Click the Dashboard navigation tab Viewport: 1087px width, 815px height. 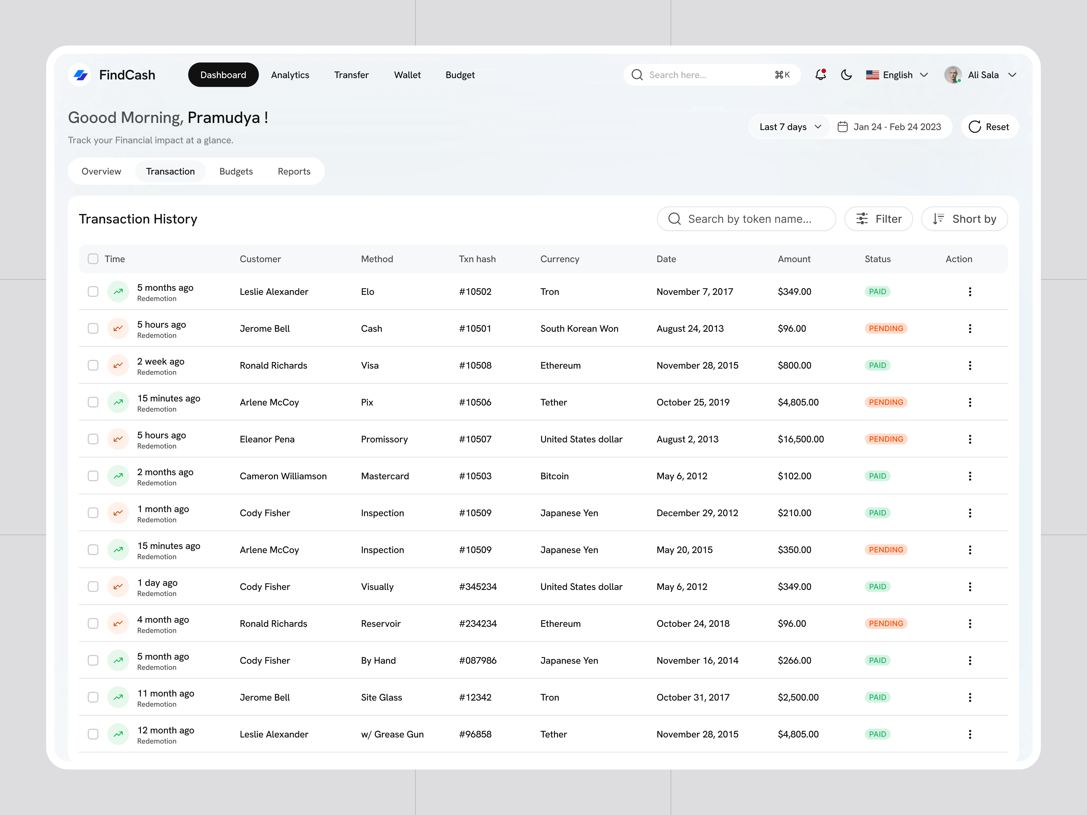click(x=223, y=75)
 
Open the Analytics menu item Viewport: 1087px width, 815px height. click(x=290, y=75)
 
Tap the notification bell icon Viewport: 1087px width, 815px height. click(x=820, y=75)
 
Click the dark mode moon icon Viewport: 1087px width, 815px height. click(x=846, y=75)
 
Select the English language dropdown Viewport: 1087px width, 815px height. click(x=897, y=75)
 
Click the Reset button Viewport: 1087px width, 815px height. click(x=989, y=127)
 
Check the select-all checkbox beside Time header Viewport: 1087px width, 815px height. click(x=93, y=259)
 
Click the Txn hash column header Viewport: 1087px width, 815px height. click(x=477, y=259)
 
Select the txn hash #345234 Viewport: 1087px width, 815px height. click(x=478, y=587)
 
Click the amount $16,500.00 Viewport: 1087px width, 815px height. click(x=800, y=439)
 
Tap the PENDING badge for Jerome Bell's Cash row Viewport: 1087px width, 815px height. click(x=886, y=328)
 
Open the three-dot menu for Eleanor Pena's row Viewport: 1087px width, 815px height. click(x=969, y=439)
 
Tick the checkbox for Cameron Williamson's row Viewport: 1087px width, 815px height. click(x=93, y=476)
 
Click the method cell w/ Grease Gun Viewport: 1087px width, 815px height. click(x=392, y=734)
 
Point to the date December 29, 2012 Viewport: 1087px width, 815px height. click(x=697, y=513)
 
